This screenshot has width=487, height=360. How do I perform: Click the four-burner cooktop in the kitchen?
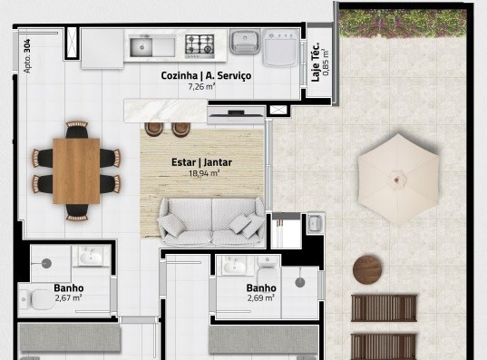[200, 44]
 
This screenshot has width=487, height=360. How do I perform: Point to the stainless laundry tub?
[244, 43]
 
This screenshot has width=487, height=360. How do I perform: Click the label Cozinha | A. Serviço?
[206, 77]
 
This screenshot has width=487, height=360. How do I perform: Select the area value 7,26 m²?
[200, 88]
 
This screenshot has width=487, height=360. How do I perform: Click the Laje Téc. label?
[315, 62]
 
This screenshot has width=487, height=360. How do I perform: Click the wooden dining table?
[76, 170]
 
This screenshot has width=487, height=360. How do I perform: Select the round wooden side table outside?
[369, 269]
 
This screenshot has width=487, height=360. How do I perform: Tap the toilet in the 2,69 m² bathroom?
[267, 266]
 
